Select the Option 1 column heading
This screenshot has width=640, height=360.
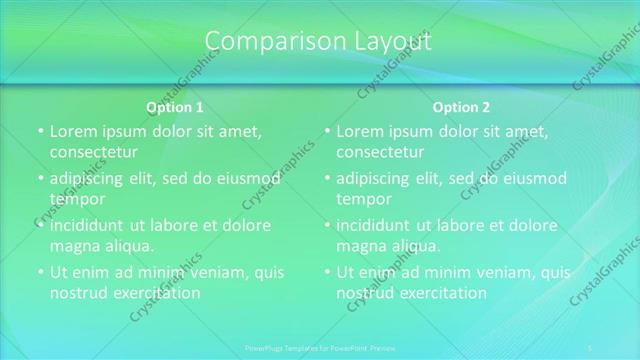175,107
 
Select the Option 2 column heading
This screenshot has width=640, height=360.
462,107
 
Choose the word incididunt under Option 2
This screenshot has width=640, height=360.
379,225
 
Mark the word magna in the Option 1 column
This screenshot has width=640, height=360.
74,245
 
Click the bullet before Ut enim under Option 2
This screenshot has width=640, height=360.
327,272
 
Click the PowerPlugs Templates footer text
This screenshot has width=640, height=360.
319,347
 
